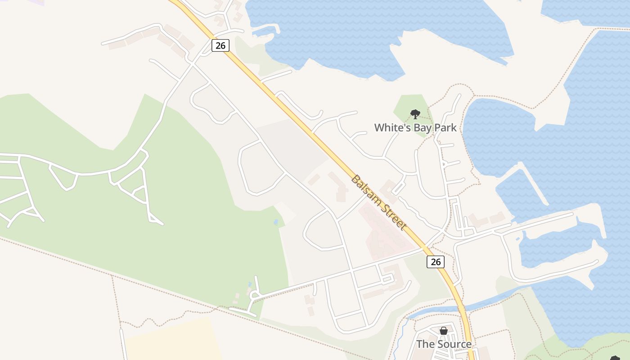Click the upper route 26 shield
[220, 45]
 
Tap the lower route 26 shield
[436, 262]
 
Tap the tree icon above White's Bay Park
[415, 114]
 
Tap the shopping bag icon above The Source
[444, 331]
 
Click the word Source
[454, 344]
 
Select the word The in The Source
[425, 344]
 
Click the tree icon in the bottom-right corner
[615, 358]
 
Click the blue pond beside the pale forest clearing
[275, 222]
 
